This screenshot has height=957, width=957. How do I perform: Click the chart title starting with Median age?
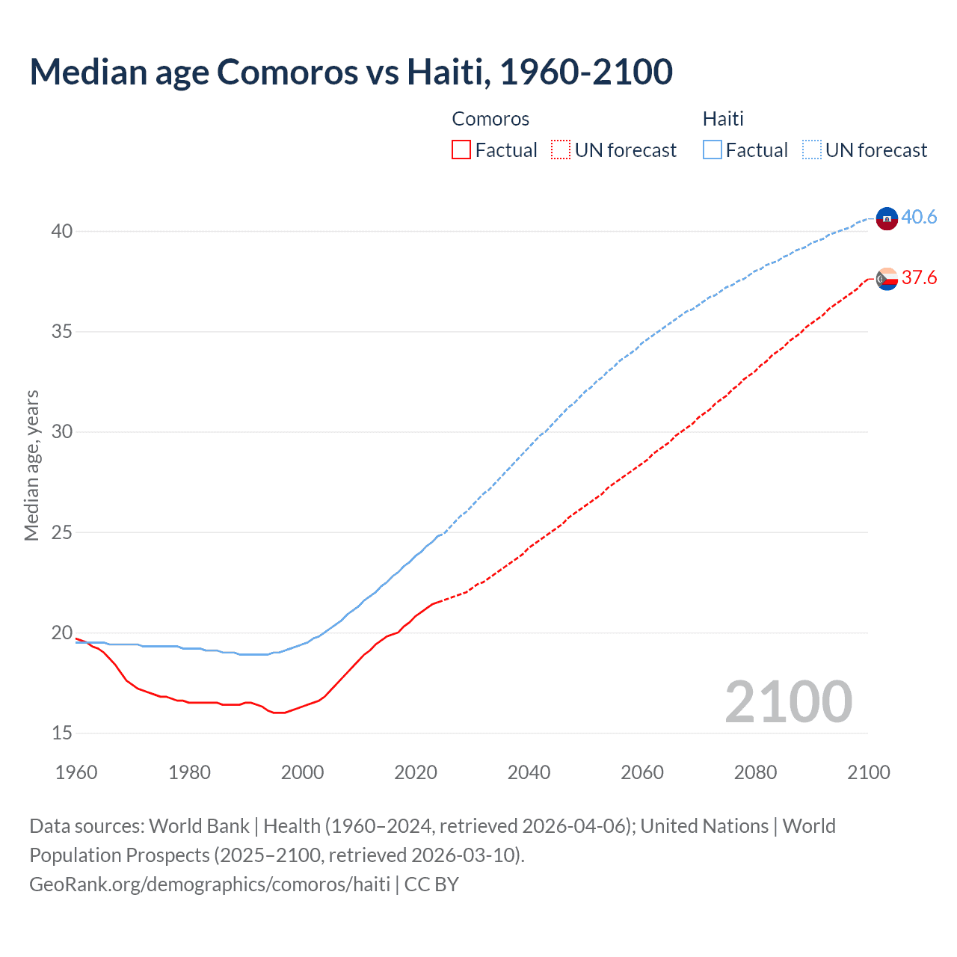click(x=351, y=72)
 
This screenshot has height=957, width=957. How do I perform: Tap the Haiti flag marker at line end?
click(x=887, y=218)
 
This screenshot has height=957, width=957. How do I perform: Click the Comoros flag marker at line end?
click(x=887, y=279)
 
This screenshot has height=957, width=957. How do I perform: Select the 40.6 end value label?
click(x=919, y=218)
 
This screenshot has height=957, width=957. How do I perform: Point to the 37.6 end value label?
click(x=919, y=278)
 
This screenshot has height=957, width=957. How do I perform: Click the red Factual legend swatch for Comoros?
click(x=461, y=150)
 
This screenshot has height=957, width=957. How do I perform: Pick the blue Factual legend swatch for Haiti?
click(x=712, y=150)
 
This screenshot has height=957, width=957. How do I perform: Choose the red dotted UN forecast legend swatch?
click(x=561, y=150)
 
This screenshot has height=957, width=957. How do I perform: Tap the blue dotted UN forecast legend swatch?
click(x=811, y=150)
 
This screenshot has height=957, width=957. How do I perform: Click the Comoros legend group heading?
click(x=490, y=119)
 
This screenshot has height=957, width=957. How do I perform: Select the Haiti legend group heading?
click(x=723, y=119)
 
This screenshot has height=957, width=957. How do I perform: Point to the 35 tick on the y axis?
click(x=62, y=331)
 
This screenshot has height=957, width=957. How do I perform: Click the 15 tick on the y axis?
click(x=62, y=733)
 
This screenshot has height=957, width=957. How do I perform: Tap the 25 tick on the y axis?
click(x=62, y=532)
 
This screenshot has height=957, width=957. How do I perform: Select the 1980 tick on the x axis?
click(x=189, y=772)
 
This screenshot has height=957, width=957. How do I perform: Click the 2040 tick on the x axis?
click(x=529, y=772)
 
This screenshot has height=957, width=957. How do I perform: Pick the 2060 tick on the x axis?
click(x=642, y=772)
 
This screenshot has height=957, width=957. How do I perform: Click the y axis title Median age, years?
click(x=32, y=465)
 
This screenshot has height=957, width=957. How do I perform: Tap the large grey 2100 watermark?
click(x=788, y=702)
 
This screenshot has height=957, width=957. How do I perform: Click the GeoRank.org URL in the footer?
click(x=209, y=884)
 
